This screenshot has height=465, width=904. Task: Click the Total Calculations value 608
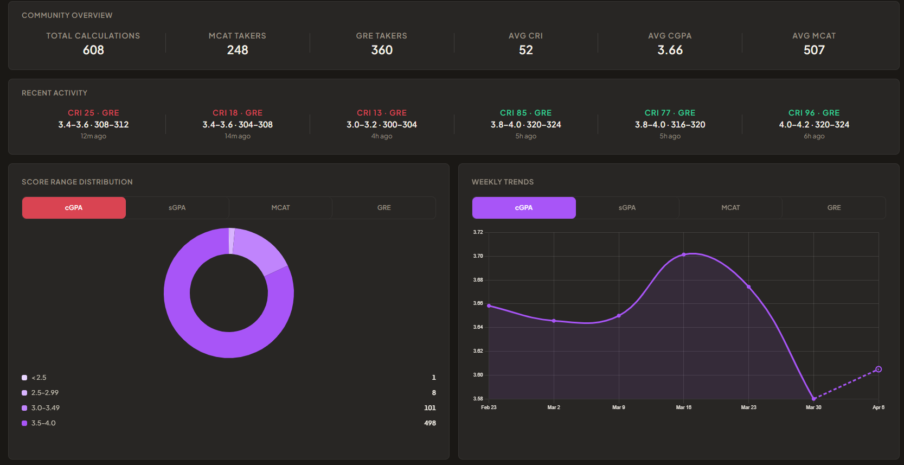point(93,50)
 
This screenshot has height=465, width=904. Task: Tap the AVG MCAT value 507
point(814,50)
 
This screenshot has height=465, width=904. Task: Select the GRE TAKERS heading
point(381,36)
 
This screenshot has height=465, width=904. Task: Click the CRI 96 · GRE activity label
point(814,113)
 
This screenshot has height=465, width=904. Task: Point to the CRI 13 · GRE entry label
point(381,113)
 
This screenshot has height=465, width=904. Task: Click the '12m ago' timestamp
point(93,136)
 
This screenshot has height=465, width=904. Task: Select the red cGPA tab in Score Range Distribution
point(74,208)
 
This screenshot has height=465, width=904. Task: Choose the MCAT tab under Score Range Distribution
point(280,208)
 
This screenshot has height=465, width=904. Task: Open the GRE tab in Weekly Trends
point(834,208)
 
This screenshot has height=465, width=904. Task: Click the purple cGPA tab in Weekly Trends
point(524,208)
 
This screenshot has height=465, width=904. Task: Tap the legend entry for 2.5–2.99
point(45,393)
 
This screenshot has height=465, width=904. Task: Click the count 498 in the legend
point(429,423)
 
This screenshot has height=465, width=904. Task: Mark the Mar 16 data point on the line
point(684,254)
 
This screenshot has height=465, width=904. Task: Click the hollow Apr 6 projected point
point(879,370)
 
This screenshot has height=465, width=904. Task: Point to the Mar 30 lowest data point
point(813,399)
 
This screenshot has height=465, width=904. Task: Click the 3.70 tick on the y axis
point(478,256)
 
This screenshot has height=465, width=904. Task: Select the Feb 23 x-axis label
point(489,407)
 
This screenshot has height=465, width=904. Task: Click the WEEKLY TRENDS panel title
point(502,182)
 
